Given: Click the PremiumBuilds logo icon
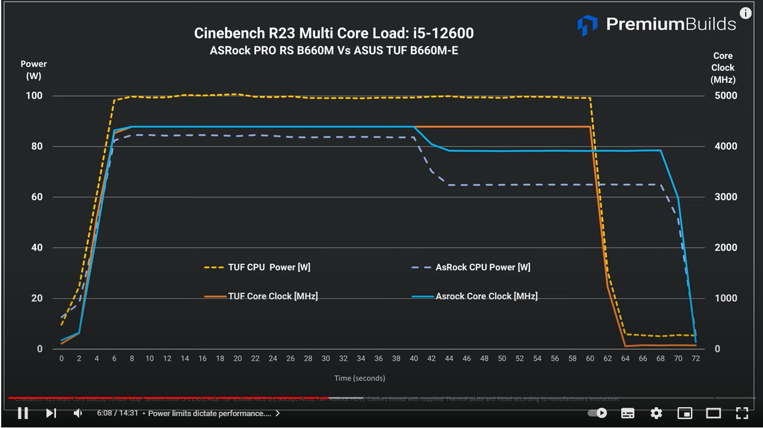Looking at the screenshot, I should pos(587,25).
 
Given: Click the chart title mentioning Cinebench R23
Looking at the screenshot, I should pos(334,33).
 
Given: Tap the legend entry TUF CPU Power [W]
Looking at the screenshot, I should pos(269,267).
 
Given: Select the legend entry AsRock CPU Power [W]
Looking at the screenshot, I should pos(482,267).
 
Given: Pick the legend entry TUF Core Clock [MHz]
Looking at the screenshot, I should pos(272,296).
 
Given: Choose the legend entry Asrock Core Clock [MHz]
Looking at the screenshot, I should pos(486,296).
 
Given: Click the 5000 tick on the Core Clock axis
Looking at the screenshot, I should pos(725,96).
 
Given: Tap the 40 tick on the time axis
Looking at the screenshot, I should pos(414,358).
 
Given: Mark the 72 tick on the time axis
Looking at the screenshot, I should pos(695,358).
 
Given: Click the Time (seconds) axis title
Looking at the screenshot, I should pos(359,378).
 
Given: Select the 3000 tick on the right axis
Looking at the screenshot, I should pos(725,197).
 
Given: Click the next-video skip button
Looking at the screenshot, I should pos(51,413).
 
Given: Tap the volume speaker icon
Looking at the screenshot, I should pos(78,413).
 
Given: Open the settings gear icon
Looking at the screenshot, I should pos(656,413).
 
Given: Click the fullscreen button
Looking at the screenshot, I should pos(742,413).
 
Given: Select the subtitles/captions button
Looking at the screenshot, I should pos(628,413).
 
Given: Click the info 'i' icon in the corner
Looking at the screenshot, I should pos(745,13).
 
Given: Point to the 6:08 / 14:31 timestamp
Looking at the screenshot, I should pos(118,413).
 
